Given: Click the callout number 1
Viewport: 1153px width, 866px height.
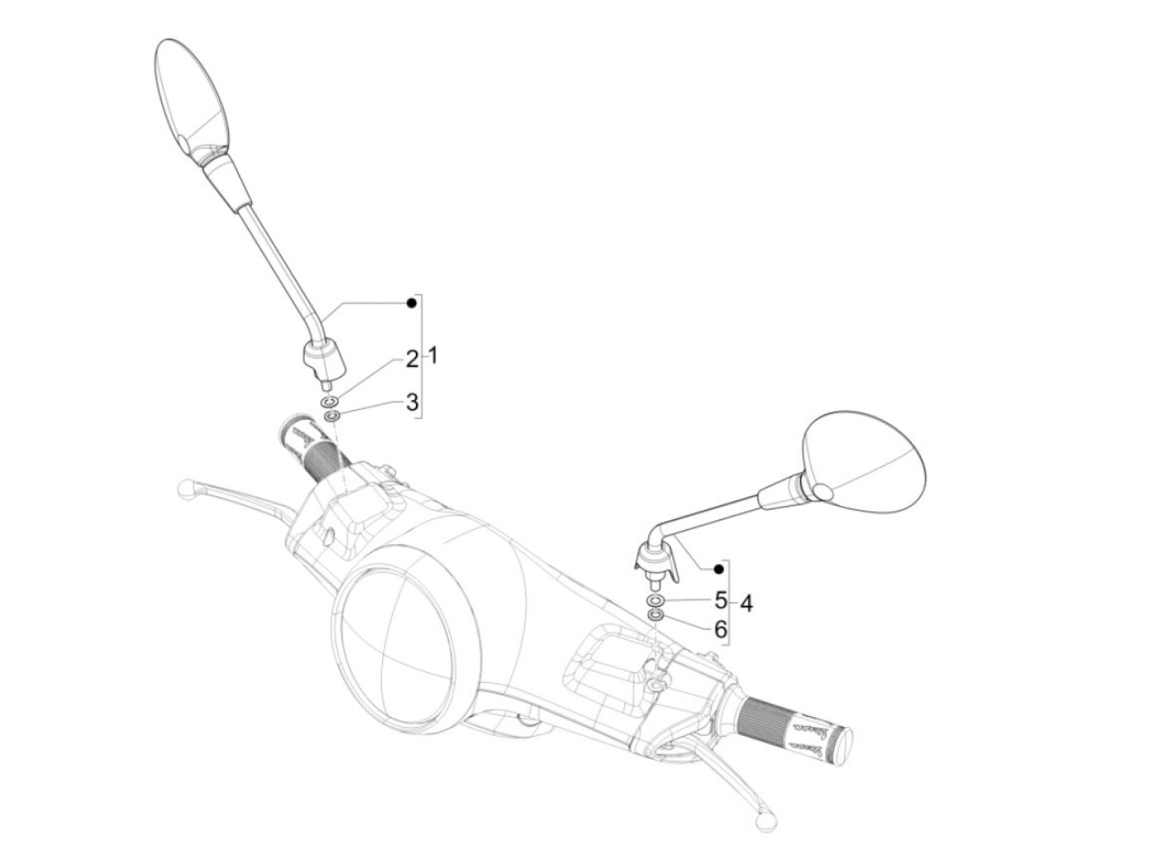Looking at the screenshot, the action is click(433, 356).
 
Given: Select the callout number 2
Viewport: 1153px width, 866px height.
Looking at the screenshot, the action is click(412, 359).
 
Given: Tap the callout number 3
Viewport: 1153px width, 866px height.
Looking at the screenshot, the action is click(412, 403).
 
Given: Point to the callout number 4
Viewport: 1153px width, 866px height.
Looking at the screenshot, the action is click(745, 603).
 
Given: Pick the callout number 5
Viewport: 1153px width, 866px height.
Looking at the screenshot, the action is click(721, 600).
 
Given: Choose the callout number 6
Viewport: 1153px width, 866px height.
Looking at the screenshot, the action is click(721, 630).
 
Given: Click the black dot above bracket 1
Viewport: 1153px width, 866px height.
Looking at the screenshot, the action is click(411, 304).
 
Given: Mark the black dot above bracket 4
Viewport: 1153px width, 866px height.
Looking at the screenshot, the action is click(719, 569).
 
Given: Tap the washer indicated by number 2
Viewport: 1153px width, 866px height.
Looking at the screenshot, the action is click(330, 403).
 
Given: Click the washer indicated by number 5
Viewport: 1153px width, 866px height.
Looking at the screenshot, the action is click(655, 600).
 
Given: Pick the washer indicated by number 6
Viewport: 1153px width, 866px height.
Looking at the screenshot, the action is click(655, 615).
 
